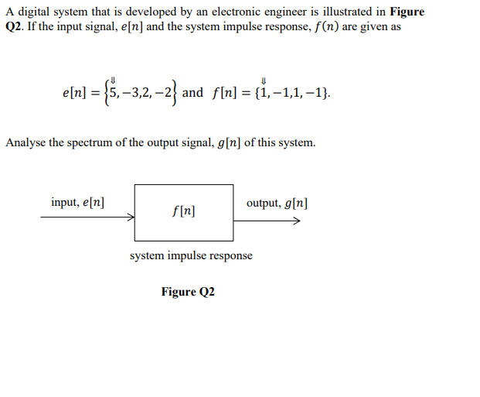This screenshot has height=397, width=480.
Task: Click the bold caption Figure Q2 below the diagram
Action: pyautogui.click(x=188, y=292)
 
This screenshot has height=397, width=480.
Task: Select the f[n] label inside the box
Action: pyautogui.click(x=183, y=210)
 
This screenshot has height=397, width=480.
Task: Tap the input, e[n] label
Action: pyautogui.click(x=78, y=203)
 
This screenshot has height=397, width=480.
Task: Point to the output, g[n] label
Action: pyautogui.click(x=277, y=203)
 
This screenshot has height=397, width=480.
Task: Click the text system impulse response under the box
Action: pyautogui.click(x=191, y=255)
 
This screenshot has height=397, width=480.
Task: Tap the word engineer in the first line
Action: pyautogui.click(x=283, y=12)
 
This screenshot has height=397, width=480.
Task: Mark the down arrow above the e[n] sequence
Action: pyautogui.click(x=113, y=79)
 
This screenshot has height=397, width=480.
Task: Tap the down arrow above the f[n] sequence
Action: pyautogui.click(x=264, y=79)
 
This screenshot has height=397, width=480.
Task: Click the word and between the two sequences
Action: pyautogui.click(x=192, y=93)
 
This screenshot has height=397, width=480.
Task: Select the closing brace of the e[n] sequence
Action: pyautogui.click(x=175, y=93)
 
